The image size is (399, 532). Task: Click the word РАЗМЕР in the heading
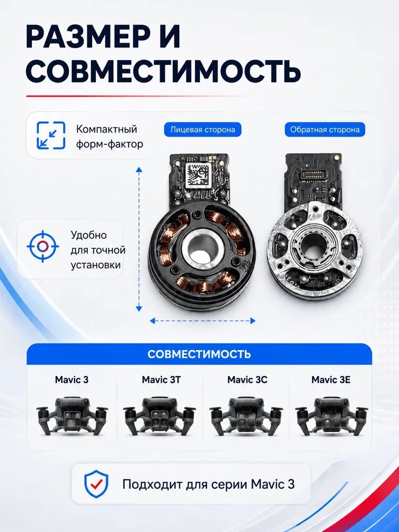pos(88,37)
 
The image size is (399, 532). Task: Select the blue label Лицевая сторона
pos(203,130)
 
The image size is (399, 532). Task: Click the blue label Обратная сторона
pos(325,130)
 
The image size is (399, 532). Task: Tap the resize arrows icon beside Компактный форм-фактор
pos(51,135)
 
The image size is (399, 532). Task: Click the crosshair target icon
pos(43,246)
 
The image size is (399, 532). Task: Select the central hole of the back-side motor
pos(312,245)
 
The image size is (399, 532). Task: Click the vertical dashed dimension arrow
pos(139,239)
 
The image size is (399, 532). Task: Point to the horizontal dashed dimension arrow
pos(203,321)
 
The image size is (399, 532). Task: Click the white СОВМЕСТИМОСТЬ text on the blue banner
pos(199,354)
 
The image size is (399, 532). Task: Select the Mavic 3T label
pos(161,380)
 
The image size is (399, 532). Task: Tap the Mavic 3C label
pos(247,380)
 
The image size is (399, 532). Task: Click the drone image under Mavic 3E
pos(331,417)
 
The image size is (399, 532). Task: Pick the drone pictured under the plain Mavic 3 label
pos(72,417)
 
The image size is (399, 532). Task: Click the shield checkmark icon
pos(96,484)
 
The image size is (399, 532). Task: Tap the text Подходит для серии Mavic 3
pos(209,484)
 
